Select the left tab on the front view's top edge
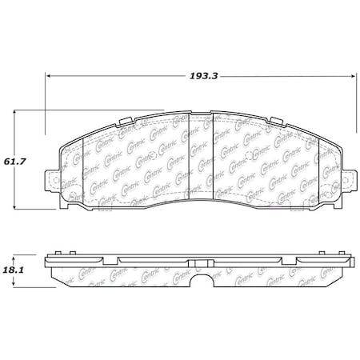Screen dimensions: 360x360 point(126,122)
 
